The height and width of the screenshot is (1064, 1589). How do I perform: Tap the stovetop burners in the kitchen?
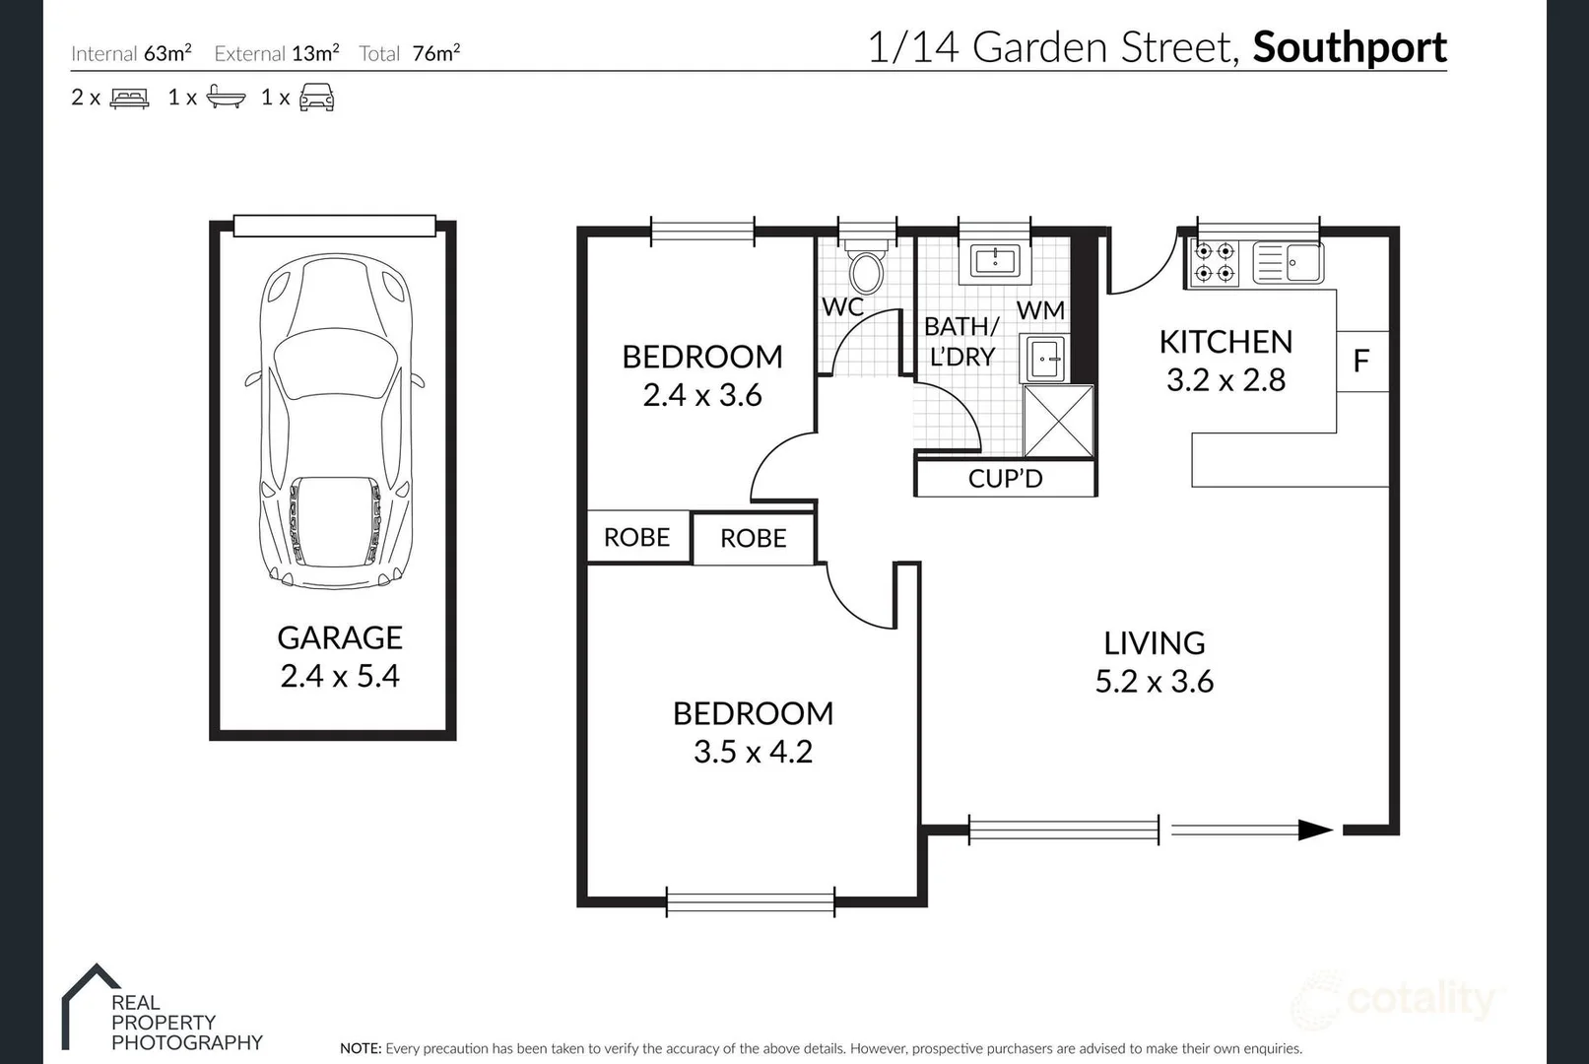coord(1214,262)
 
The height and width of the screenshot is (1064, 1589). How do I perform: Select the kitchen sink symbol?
coord(1289,263)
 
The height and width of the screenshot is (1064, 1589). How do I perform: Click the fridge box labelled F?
coord(1361,361)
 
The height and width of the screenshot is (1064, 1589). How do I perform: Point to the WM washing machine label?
coord(1040,310)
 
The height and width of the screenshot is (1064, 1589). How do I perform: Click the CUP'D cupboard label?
coord(1005,479)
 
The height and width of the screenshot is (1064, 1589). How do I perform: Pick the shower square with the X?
coord(1059,422)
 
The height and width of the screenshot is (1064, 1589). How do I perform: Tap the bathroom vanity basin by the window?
coord(994,261)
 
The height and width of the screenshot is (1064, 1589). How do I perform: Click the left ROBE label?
coord(636,537)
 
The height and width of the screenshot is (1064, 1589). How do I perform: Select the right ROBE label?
coord(753,538)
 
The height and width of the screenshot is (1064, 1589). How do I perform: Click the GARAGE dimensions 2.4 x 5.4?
coord(340,677)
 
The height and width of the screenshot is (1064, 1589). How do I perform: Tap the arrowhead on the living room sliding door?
coord(1315,831)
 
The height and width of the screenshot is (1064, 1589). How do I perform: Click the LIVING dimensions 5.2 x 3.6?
coord(1154,682)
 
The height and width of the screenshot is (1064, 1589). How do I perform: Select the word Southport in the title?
coord(1349,47)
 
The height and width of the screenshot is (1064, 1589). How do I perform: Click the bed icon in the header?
coord(129,98)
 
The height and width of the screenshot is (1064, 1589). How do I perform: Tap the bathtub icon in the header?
coord(226,98)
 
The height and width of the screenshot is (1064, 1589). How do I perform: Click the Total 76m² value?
coord(435,53)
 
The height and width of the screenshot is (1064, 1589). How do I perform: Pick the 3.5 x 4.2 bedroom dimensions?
coord(753,752)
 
